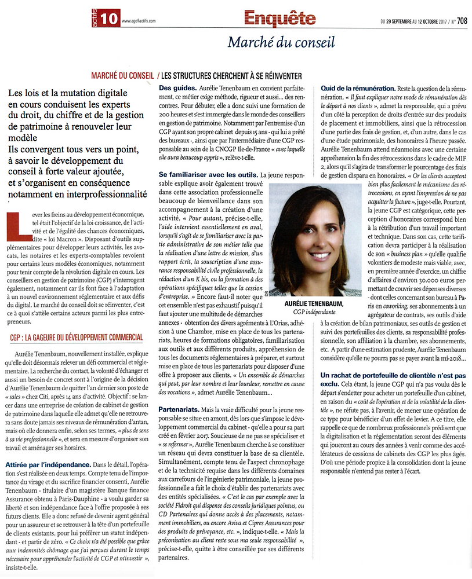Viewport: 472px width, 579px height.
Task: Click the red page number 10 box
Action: coord(109,19)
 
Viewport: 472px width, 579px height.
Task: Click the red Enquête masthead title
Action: coord(279,19)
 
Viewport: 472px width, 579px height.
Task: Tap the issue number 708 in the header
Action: coord(462,21)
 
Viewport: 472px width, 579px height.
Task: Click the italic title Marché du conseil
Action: coord(281,42)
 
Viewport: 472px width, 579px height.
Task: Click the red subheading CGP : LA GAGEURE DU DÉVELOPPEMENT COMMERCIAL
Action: coord(76,338)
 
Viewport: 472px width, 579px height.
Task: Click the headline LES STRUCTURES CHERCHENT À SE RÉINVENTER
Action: coord(232,76)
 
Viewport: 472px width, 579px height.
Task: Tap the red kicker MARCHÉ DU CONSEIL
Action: coord(122,76)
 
